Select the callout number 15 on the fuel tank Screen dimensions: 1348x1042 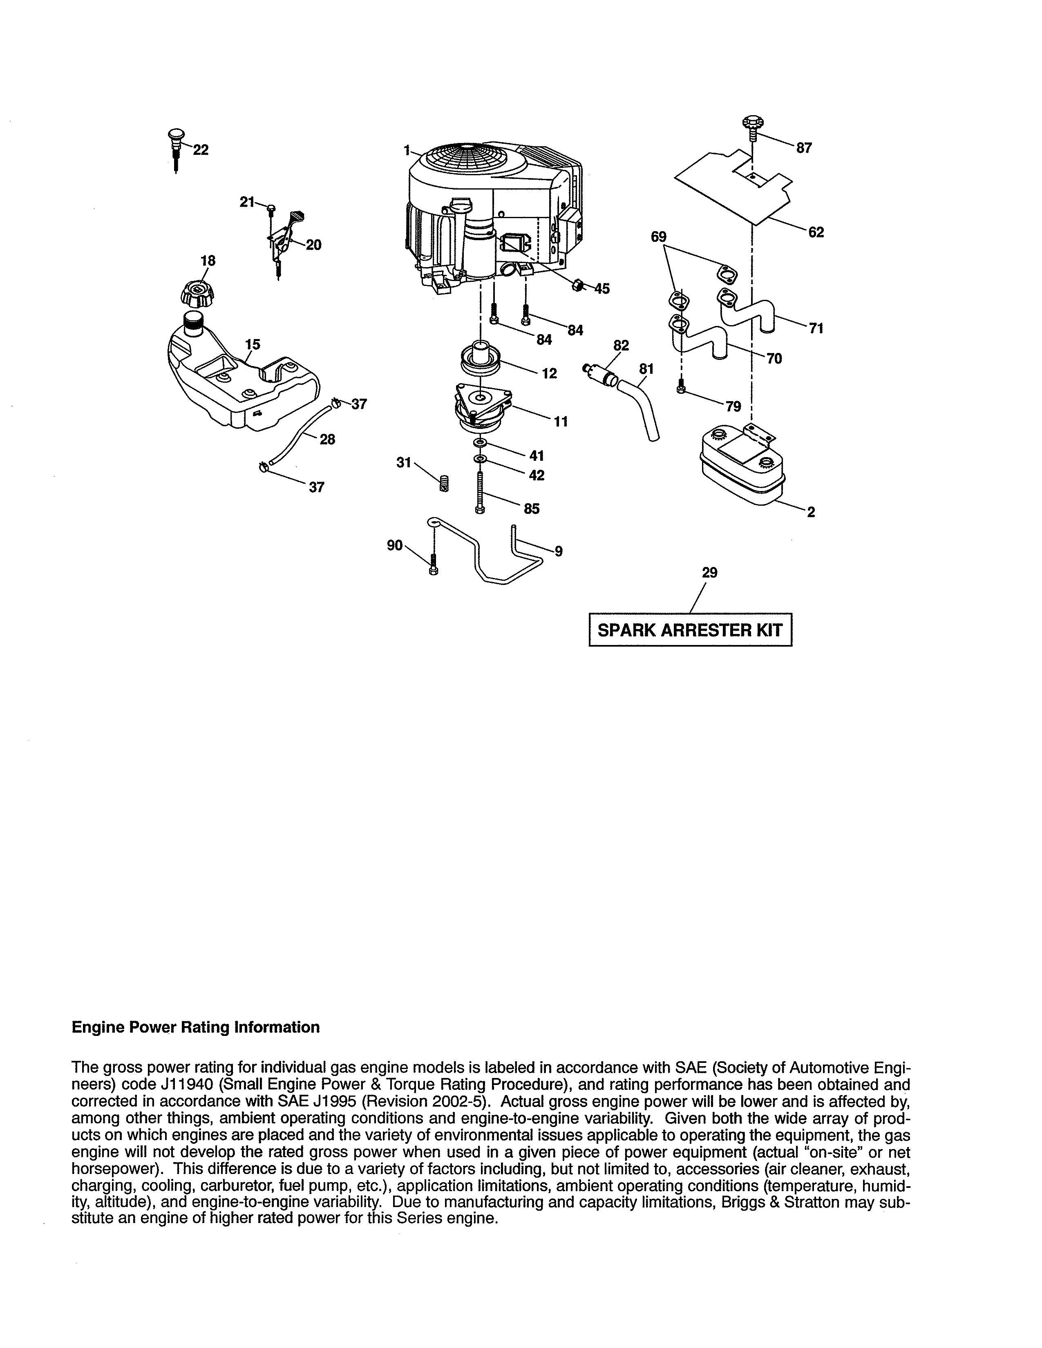(x=253, y=344)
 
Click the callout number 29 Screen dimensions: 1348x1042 (x=710, y=573)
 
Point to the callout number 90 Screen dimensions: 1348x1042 (x=394, y=545)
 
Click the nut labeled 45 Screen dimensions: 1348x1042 (x=578, y=285)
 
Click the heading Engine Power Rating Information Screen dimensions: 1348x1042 (x=196, y=1027)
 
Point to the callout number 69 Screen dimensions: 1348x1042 (x=659, y=237)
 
